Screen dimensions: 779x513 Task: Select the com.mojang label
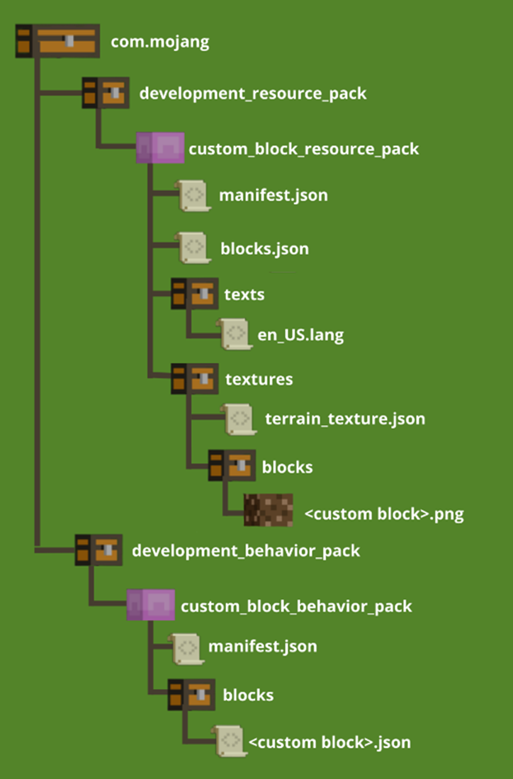160,42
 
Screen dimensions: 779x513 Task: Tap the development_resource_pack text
253,93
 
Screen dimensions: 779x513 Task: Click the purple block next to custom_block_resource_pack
160,148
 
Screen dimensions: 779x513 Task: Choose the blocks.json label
264,249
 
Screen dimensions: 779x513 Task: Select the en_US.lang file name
295,335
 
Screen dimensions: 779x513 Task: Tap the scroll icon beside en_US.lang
236,334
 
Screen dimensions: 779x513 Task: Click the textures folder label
259,379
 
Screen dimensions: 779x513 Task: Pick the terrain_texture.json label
344,419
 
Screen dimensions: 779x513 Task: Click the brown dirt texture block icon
269,511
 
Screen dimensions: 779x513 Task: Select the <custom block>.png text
384,513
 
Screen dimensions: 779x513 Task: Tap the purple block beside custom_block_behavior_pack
150,605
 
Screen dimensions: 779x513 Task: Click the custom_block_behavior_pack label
296,606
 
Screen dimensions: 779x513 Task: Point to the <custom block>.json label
329,742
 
